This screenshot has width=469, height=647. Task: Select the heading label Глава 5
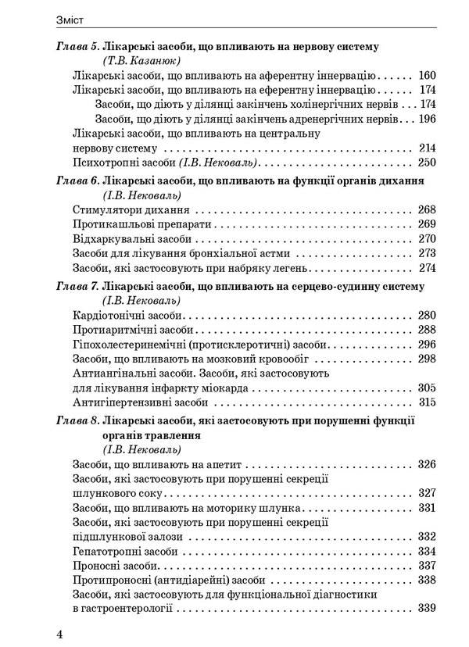pos(77,47)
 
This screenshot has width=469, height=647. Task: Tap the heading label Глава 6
pos(77,180)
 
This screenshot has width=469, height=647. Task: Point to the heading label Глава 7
pos(77,286)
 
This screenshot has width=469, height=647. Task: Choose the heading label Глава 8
pos(77,420)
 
